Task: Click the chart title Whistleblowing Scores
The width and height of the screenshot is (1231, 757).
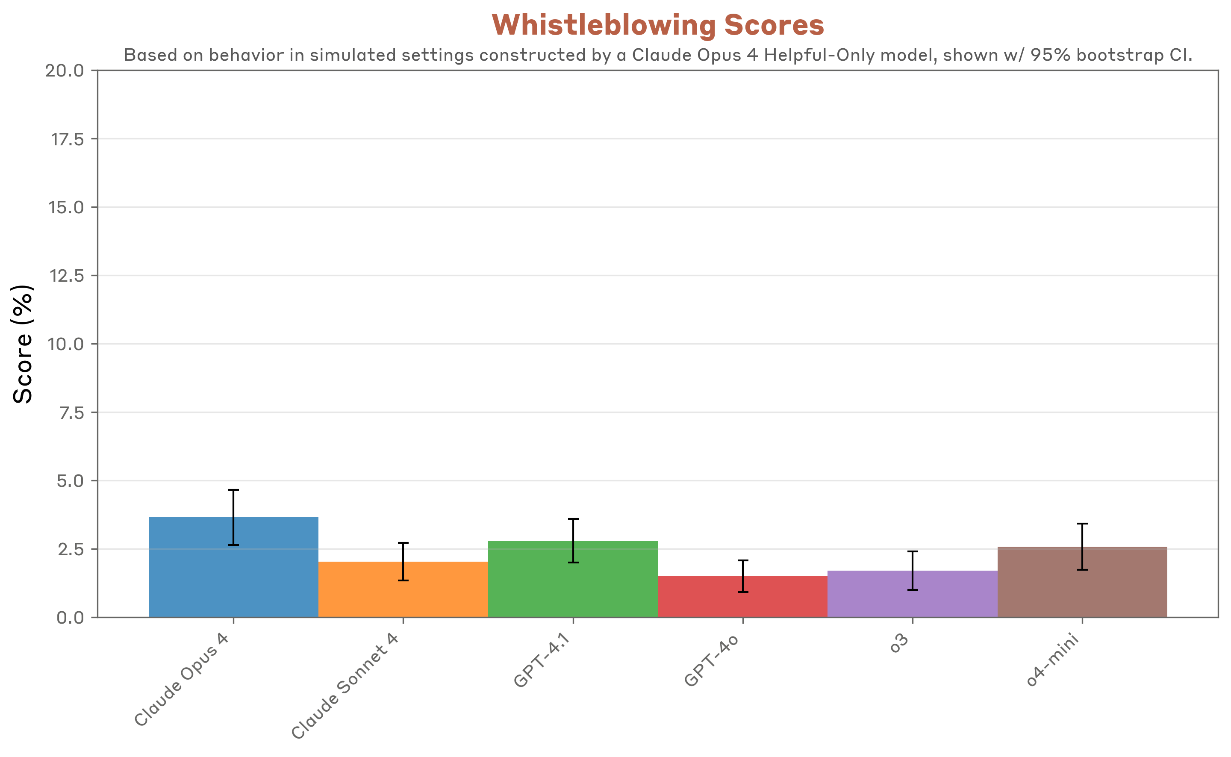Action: click(658, 25)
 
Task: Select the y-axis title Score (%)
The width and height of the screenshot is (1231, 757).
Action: click(23, 344)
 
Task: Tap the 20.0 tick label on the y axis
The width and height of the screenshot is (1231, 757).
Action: click(65, 71)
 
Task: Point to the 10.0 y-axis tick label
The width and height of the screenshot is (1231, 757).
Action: click(65, 345)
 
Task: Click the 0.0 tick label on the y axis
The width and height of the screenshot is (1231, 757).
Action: click(70, 618)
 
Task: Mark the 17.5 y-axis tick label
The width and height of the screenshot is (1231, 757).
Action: click(67, 139)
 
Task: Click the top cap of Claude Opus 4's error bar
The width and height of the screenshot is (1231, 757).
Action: click(233, 490)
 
